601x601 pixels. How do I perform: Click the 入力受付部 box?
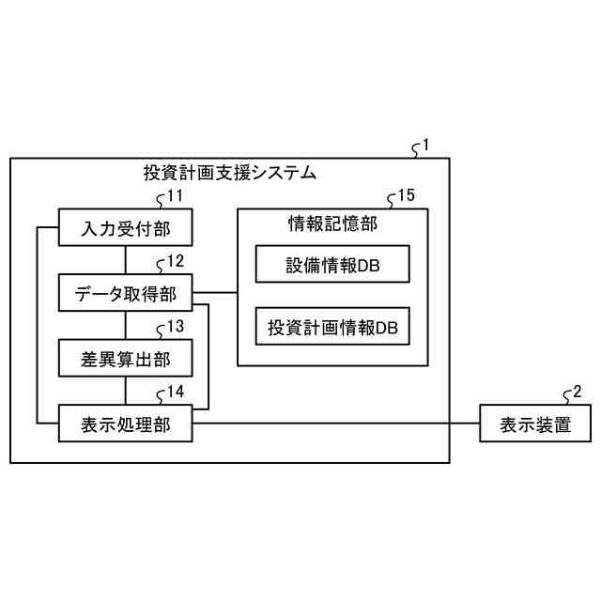(125, 227)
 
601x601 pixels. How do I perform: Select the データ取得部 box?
(125, 293)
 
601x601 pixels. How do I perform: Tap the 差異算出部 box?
(125, 359)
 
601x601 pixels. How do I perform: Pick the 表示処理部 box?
(125, 424)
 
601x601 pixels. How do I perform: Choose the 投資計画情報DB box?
(332, 328)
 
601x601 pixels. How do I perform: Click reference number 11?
(175, 196)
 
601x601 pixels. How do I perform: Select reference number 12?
(175, 261)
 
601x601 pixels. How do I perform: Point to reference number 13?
(175, 327)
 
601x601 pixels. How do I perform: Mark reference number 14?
(175, 393)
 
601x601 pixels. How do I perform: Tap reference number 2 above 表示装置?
(577, 392)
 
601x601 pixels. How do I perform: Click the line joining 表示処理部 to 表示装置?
(338, 424)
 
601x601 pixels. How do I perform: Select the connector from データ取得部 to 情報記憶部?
(214, 293)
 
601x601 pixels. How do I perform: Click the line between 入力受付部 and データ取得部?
(125, 259)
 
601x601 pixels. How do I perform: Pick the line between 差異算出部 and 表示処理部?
(125, 391)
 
